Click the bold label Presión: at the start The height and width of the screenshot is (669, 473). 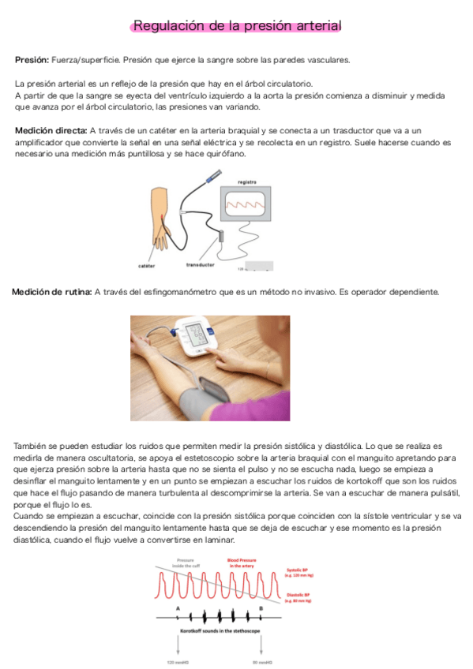pyautogui.click(x=32, y=60)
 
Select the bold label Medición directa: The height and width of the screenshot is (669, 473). pyautogui.click(x=51, y=130)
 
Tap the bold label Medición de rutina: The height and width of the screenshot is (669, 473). pyautogui.click(x=51, y=293)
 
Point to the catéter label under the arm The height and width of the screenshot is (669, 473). pyautogui.click(x=146, y=265)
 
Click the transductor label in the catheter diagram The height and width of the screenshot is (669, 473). pyautogui.click(x=201, y=264)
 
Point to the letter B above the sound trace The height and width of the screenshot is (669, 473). pyautogui.click(x=261, y=608)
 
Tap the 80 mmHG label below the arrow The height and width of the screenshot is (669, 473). pyautogui.click(x=261, y=662)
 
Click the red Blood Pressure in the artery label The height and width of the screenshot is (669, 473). pyautogui.click(x=242, y=562)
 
